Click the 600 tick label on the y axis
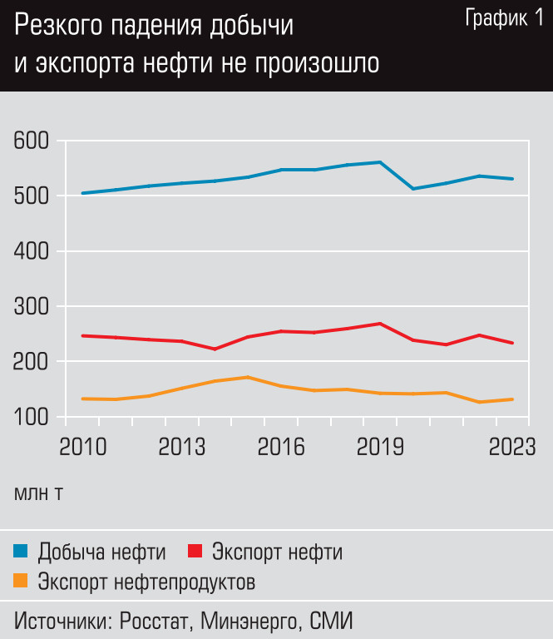32,141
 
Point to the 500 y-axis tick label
32,196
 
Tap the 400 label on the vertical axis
32,251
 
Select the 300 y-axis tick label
32,307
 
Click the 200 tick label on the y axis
32,362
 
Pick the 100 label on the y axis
32,417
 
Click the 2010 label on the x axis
82,448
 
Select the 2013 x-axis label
183,448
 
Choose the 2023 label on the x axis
511,448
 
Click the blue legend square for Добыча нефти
21,551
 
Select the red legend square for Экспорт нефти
196,551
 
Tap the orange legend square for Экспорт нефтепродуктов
21,581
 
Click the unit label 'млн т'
38,493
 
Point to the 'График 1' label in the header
504,19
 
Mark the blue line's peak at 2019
380,162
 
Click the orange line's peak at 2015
248,377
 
